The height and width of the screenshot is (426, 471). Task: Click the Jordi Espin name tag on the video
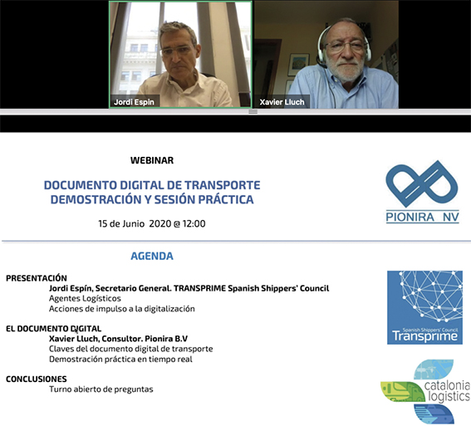pyautogui.click(x=134, y=102)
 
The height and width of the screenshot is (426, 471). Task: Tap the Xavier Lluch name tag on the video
pyautogui.click(x=282, y=102)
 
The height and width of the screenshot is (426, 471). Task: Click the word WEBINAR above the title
pyautogui.click(x=152, y=160)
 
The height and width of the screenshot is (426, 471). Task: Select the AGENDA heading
pyautogui.click(x=152, y=256)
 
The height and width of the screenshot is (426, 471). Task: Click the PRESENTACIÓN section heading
pyautogui.click(x=37, y=278)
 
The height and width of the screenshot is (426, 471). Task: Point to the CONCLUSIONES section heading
pyautogui.click(x=37, y=379)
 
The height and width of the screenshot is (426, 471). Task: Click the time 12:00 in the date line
pyautogui.click(x=194, y=223)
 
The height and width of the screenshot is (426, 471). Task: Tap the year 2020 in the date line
pyautogui.click(x=160, y=223)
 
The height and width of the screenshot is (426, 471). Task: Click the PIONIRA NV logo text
pyautogui.click(x=422, y=217)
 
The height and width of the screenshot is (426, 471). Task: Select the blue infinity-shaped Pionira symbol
pyautogui.click(x=422, y=184)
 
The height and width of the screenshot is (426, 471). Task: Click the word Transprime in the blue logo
pyautogui.click(x=424, y=336)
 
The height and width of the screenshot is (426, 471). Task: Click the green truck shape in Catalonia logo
pyautogui.click(x=402, y=391)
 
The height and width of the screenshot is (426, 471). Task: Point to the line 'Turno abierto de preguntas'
pyautogui.click(x=101, y=389)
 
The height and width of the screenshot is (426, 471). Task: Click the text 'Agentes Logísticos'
pyautogui.click(x=85, y=298)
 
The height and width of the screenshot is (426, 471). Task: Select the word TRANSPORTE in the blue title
pyautogui.click(x=223, y=185)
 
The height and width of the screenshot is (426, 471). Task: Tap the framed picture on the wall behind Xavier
pyautogui.click(x=298, y=65)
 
